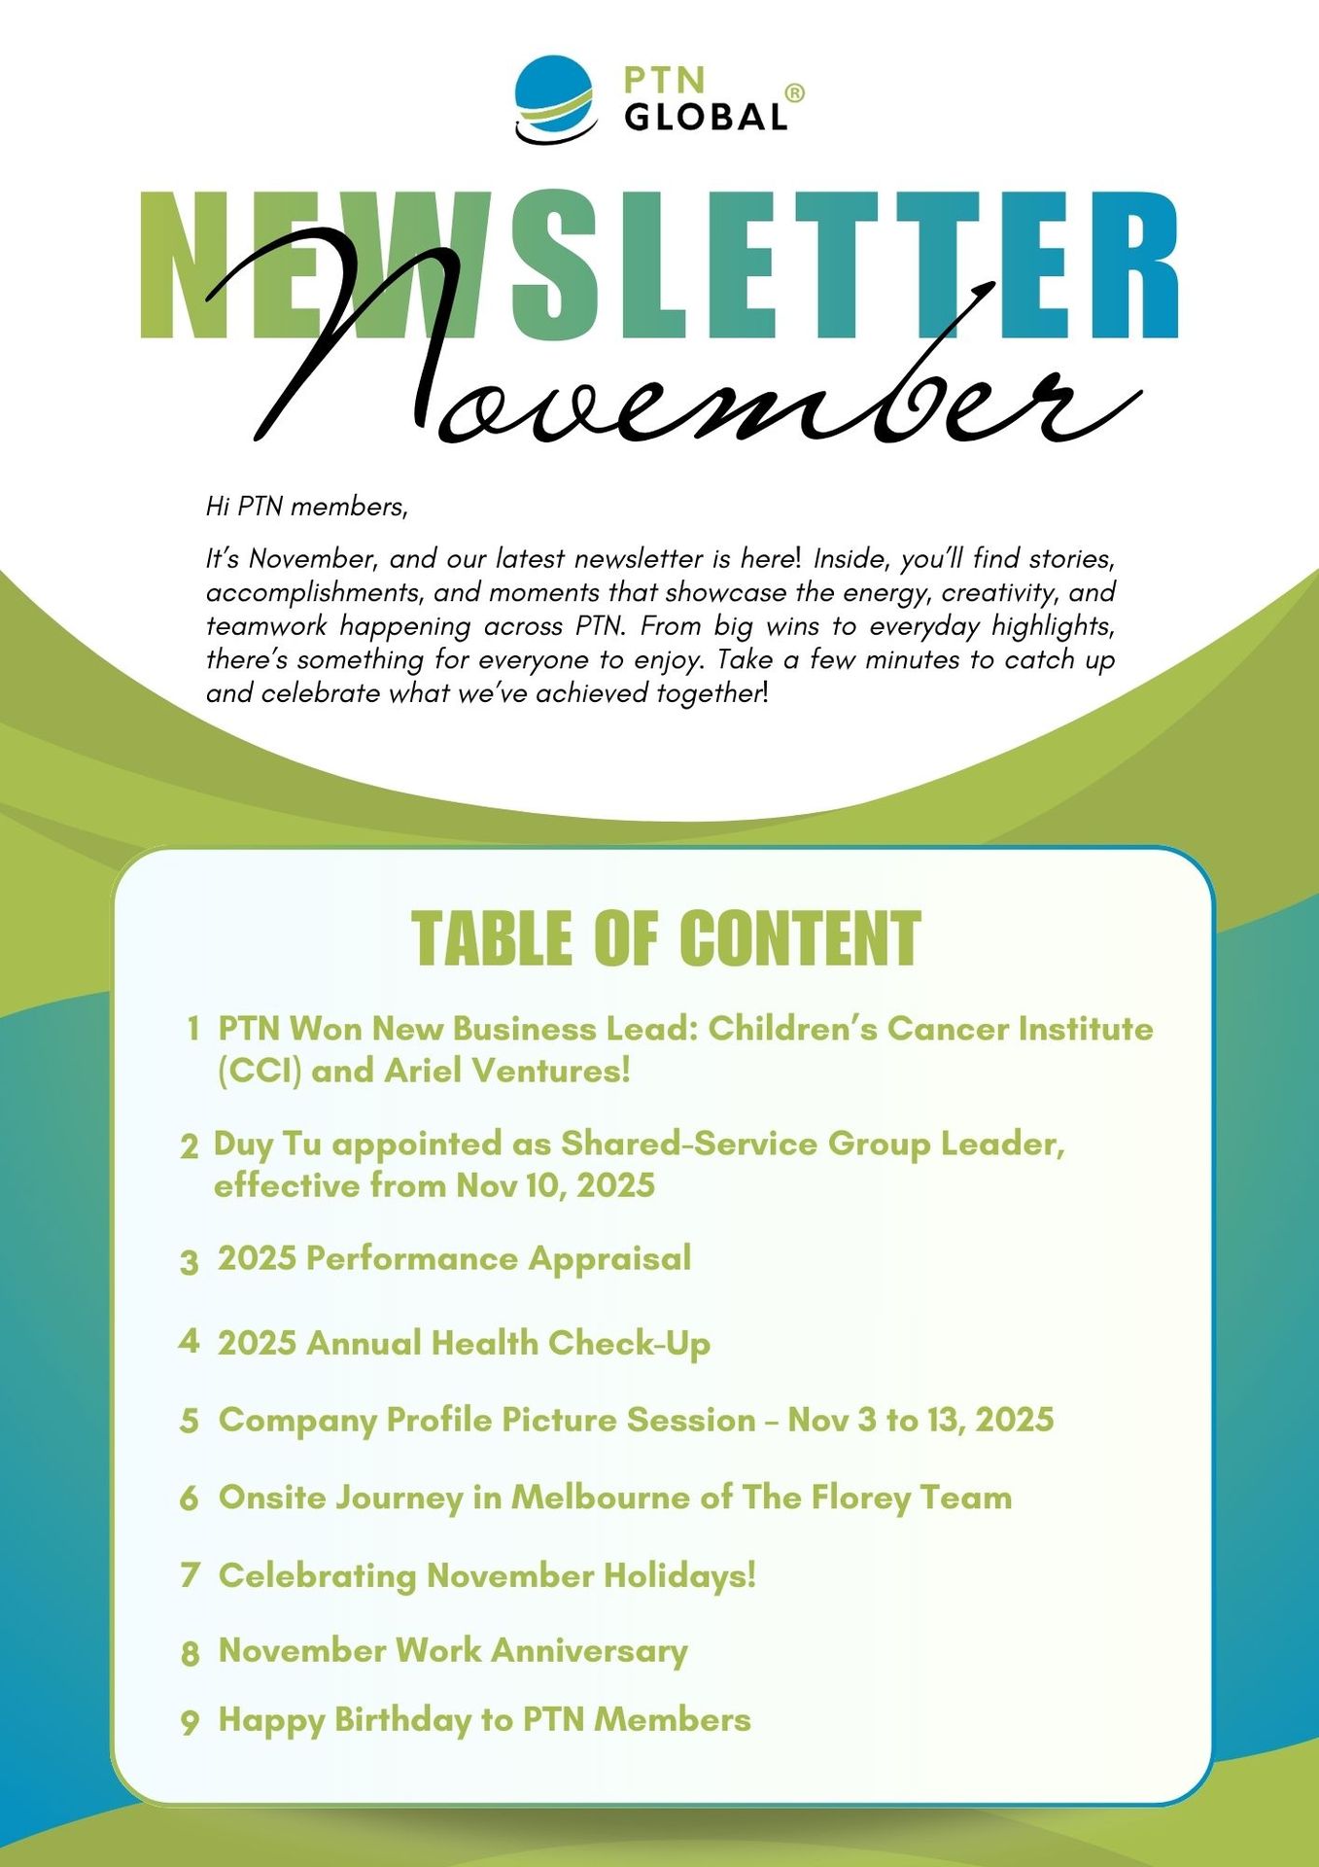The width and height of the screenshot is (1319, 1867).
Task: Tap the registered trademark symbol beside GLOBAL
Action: coord(794,93)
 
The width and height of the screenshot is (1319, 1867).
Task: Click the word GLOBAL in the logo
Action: coord(706,117)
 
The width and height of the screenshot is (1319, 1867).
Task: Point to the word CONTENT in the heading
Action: coord(799,938)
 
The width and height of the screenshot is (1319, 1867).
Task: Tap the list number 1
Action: coord(193,1029)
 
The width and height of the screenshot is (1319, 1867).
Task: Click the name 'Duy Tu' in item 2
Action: coord(267,1144)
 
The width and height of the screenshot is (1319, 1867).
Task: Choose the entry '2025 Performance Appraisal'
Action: coord(454,1258)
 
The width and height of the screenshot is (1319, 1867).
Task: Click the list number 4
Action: coord(189,1342)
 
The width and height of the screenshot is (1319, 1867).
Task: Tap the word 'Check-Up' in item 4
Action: coord(629,1344)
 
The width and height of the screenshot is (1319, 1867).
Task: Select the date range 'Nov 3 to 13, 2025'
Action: coord(920,1420)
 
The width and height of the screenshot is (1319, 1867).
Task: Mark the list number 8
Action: coord(191,1653)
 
